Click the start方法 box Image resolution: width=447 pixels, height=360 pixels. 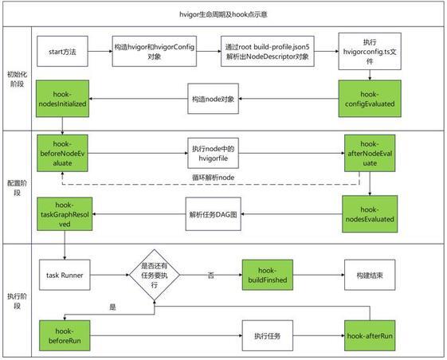pos(62,51)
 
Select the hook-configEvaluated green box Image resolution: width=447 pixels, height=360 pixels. pos(370,99)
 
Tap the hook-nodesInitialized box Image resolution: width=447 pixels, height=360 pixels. pos(62,99)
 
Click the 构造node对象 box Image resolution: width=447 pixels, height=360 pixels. pos(213,99)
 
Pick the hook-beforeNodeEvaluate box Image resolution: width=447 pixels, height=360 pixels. pos(62,154)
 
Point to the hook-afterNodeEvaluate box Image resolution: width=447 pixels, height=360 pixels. pos(370,154)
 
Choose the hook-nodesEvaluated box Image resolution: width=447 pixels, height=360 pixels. pos(370,214)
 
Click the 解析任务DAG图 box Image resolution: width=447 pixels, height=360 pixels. pos(213,214)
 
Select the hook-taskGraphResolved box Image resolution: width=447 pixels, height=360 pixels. pos(65,214)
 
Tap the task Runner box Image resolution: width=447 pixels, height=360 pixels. pos(65,275)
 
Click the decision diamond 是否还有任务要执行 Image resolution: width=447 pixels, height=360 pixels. pos(155,275)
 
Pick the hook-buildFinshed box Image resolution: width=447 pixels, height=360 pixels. pos(268,275)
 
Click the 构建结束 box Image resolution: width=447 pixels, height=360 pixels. pos(370,275)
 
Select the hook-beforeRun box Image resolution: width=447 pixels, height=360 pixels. pos(65,335)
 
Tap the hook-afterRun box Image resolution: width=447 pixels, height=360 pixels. pos(370,335)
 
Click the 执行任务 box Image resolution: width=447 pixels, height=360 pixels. pos(268,335)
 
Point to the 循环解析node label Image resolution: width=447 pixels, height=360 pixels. pos(214,178)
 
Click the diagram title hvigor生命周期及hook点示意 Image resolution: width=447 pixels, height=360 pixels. pos(223,14)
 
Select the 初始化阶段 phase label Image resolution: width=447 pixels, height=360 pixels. pos(17,79)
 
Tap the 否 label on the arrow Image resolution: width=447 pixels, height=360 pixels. pos(210,276)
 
